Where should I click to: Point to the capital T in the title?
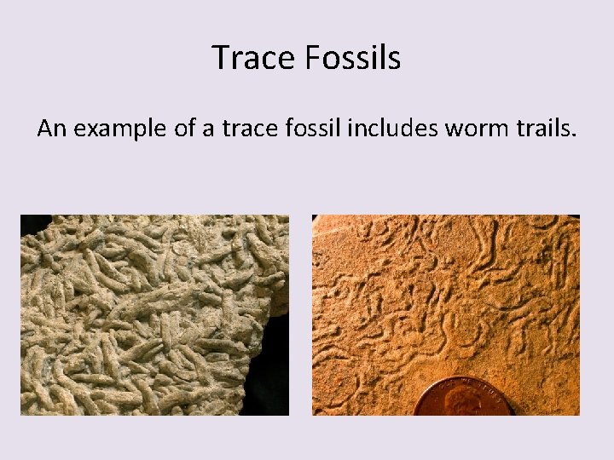(219, 58)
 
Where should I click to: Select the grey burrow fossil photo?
(145, 315)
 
